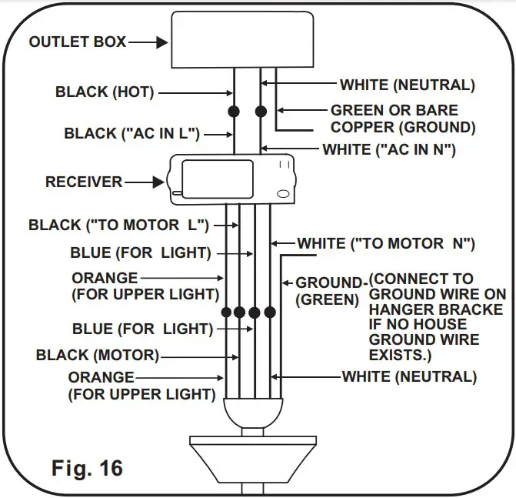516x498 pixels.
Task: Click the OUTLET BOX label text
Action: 77,42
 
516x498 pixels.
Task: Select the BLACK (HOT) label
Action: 105,92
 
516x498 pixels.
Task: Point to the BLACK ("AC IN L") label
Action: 131,134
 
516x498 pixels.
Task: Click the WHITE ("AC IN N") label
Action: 389,149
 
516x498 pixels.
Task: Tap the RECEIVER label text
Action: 84,182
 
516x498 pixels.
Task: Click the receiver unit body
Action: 231,179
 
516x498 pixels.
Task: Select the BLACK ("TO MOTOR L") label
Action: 118,226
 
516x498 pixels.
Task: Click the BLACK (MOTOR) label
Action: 97,355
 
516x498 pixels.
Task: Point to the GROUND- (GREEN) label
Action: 328,291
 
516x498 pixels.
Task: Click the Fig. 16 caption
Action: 87,467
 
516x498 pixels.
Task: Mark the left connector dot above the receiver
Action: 234,112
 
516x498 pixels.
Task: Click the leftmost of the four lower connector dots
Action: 226,313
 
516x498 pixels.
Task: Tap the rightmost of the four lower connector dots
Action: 271,313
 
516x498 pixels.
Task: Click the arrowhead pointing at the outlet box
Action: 161,43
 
